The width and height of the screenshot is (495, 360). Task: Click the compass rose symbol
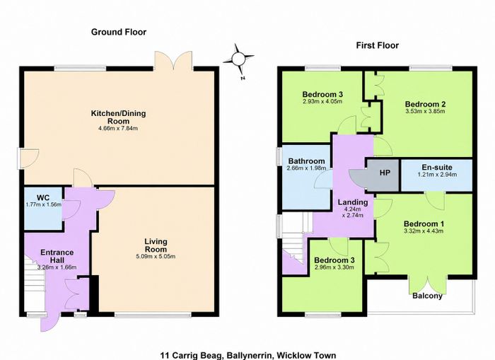pyautogui.click(x=238, y=59)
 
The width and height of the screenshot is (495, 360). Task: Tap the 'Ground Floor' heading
pyautogui.click(x=119, y=32)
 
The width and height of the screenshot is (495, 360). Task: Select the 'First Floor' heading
pyautogui.click(x=377, y=45)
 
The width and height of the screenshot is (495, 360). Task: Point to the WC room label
pyautogui.click(x=43, y=198)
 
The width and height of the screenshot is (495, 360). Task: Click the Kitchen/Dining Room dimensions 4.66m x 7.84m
pyautogui.click(x=118, y=128)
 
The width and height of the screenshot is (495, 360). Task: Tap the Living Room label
pyautogui.click(x=156, y=245)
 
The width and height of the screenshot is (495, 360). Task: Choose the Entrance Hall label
pyautogui.click(x=57, y=256)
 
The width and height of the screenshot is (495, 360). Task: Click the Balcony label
pyautogui.click(x=427, y=296)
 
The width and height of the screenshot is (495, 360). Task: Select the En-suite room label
pyautogui.click(x=437, y=168)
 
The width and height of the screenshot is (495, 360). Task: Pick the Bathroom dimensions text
pyautogui.click(x=306, y=168)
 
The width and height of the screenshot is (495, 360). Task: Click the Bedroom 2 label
pyautogui.click(x=425, y=104)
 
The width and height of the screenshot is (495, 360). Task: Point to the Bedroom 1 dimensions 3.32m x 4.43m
pyautogui.click(x=424, y=231)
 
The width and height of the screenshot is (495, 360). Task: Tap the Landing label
pyautogui.click(x=353, y=202)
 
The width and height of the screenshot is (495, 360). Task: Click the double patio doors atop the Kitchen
pyautogui.click(x=173, y=61)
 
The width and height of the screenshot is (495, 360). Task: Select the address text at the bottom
pyautogui.click(x=248, y=356)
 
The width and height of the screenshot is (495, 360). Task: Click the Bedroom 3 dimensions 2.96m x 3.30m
pyautogui.click(x=334, y=267)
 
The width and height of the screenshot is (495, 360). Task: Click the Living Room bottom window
pyautogui.click(x=153, y=315)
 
